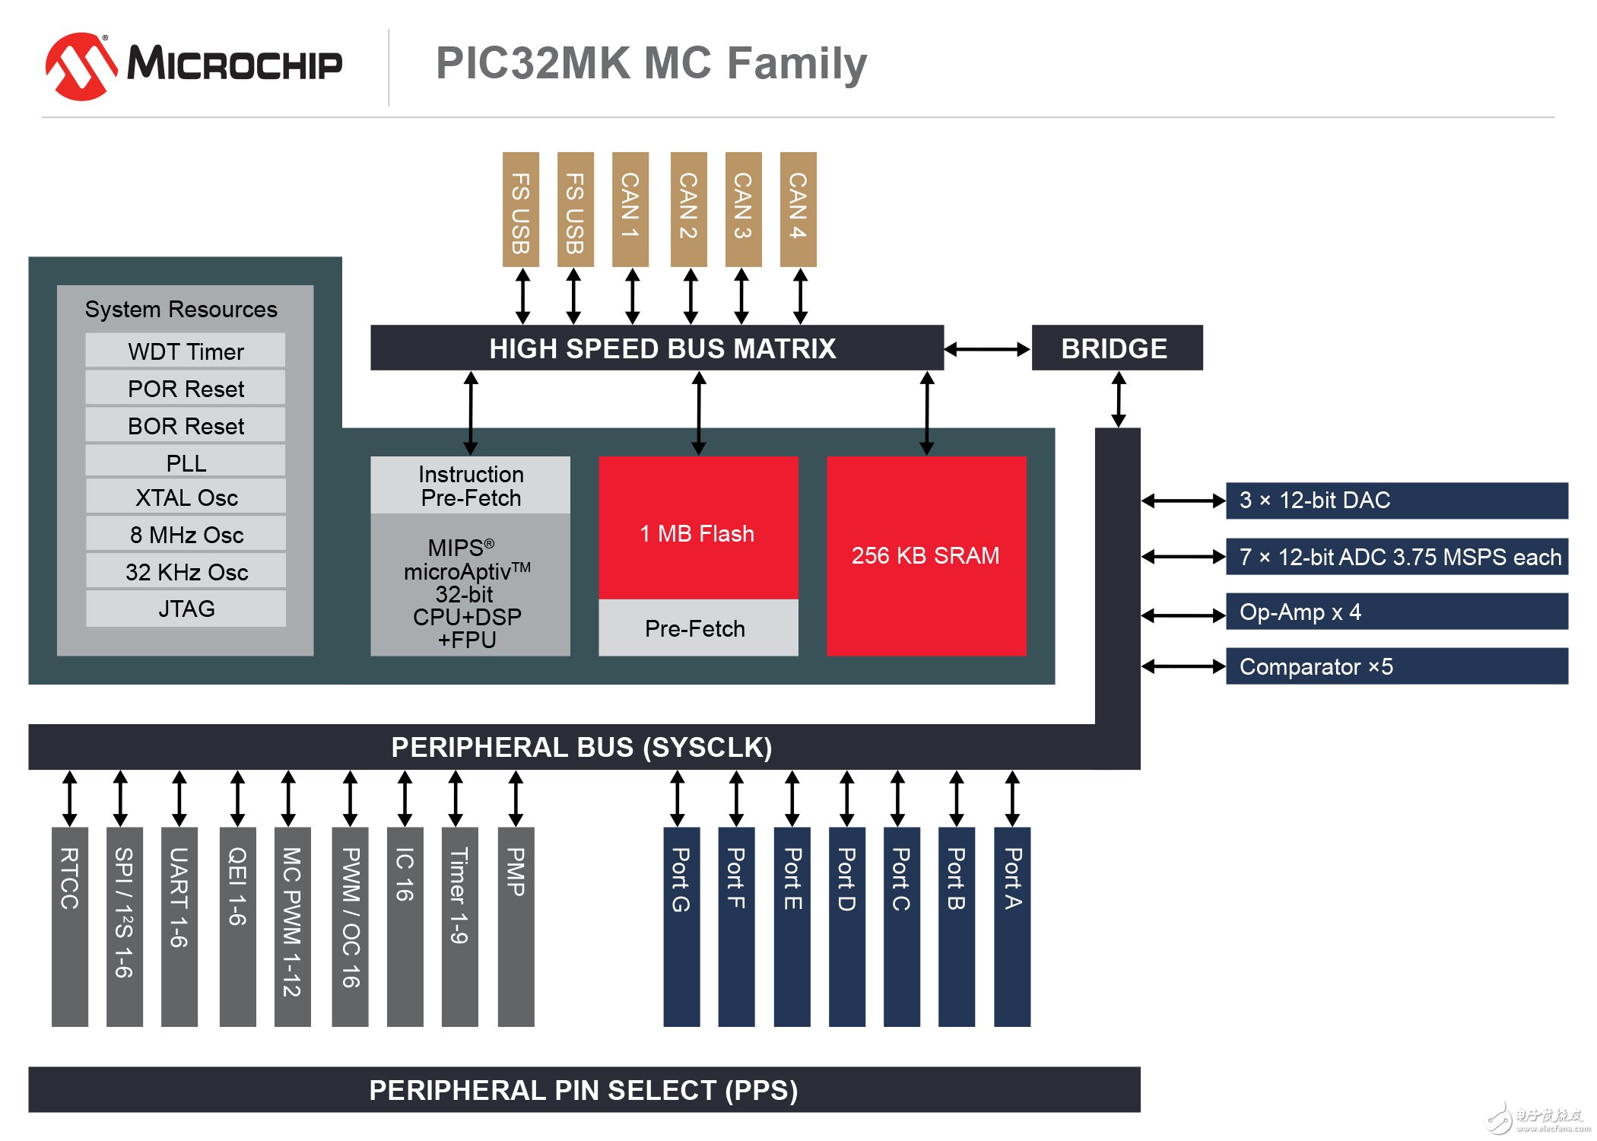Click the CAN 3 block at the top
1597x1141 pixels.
pos(743,208)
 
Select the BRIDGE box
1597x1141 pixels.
pos(1116,348)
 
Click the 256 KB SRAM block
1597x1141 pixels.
pos(925,555)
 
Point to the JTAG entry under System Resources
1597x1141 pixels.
pos(186,609)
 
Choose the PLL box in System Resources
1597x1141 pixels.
pos(186,462)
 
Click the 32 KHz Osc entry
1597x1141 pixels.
pos(186,571)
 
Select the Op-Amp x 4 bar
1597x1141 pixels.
pos(1396,612)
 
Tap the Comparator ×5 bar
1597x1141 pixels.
pos(1396,666)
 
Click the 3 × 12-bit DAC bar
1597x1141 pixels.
pos(1396,501)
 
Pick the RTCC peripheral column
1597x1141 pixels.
pos(70,926)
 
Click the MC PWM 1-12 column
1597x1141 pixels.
pos(292,926)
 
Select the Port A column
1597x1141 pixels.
pos(1011,926)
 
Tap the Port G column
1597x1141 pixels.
pos(681,926)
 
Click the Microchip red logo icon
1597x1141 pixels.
pos(81,66)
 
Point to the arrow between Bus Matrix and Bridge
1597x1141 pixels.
pos(987,349)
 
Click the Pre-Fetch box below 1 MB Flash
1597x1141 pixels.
pos(697,628)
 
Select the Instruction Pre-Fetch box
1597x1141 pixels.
pos(470,485)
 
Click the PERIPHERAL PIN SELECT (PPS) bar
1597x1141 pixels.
pos(583,1089)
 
